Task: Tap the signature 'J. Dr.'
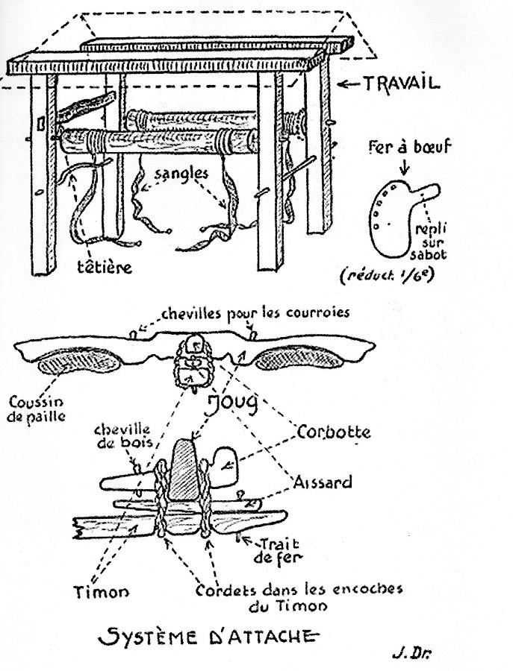413,653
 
